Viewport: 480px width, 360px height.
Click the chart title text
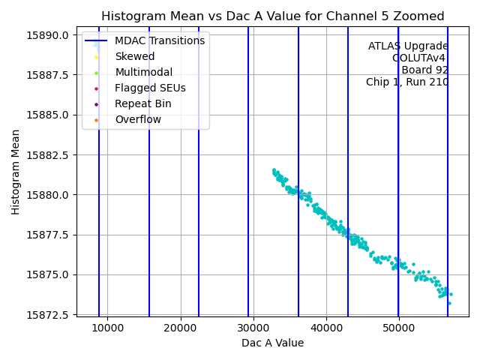point(273,16)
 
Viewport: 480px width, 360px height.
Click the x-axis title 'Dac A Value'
point(272,343)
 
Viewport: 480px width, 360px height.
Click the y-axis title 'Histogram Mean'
point(16,172)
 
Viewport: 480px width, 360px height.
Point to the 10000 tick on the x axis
point(107,328)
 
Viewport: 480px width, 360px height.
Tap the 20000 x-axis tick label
point(180,328)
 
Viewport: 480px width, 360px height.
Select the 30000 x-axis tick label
point(253,328)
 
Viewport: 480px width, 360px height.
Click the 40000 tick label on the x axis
point(325,328)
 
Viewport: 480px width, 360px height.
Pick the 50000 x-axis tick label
point(398,328)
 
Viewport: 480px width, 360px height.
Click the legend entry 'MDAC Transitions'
point(160,40)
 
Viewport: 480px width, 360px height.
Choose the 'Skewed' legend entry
point(135,56)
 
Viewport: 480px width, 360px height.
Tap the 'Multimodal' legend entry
point(143,72)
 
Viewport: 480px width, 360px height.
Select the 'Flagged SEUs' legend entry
point(150,88)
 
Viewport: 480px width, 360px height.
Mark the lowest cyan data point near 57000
point(449,303)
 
